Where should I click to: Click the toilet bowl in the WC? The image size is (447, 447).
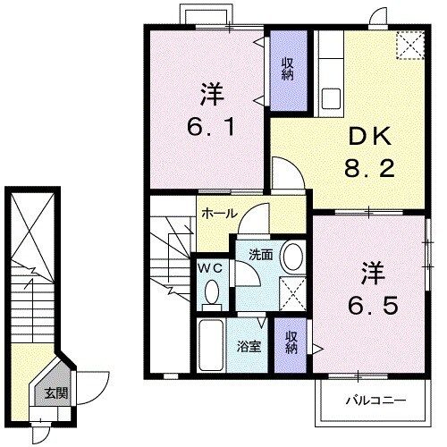coord(213,291)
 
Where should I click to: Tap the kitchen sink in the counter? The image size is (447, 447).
coord(328,95)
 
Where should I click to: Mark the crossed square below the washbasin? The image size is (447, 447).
coord(292,293)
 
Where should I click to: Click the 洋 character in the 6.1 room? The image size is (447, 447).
coord(211,93)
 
